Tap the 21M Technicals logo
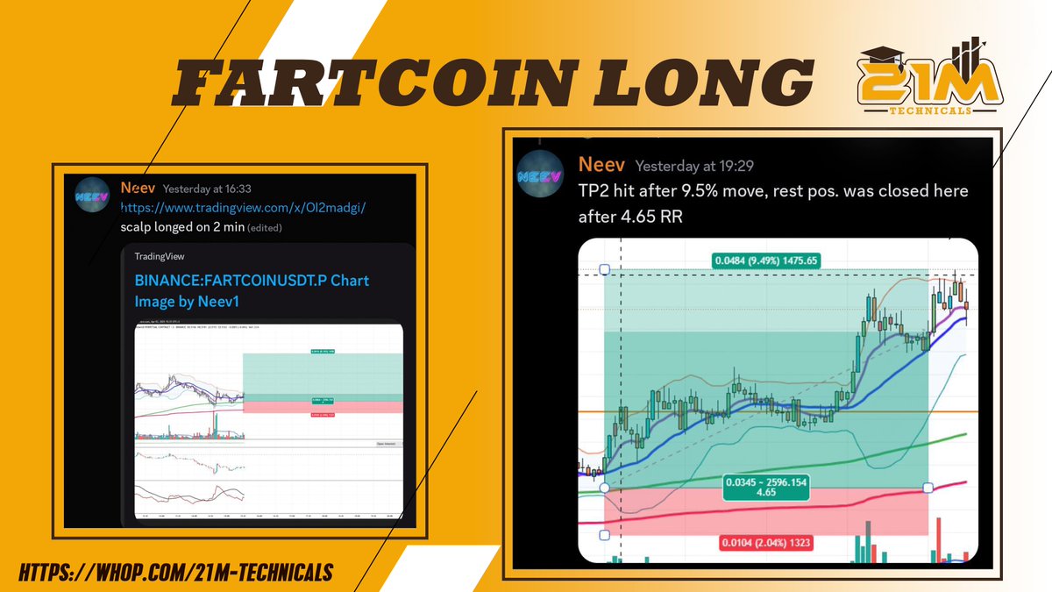[931, 80]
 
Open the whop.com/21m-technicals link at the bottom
[174, 572]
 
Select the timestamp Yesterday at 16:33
[209, 189]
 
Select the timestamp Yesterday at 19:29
[694, 166]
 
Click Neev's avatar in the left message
[92, 196]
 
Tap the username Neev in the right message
[601, 165]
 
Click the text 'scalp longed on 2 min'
[181, 227]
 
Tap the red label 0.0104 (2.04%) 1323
[765, 543]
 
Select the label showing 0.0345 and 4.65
[765, 488]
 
